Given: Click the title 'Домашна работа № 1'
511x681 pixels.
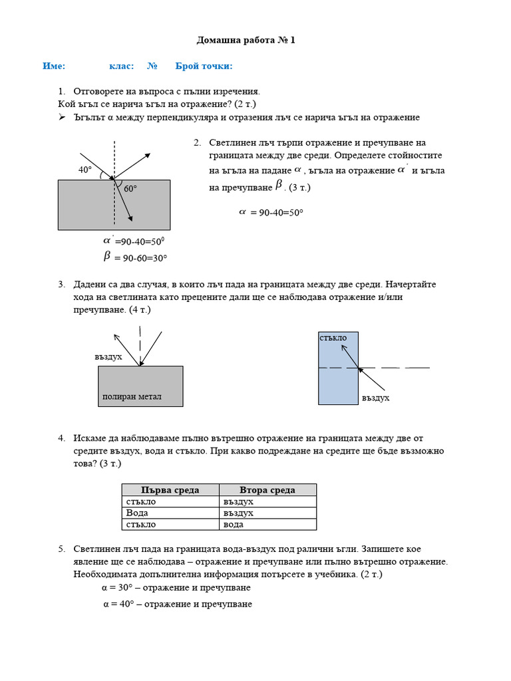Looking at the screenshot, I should pyautogui.click(x=246, y=41).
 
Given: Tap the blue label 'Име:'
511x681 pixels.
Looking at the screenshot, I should pyautogui.click(x=54, y=66).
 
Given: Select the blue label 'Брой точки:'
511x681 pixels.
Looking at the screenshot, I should pyautogui.click(x=204, y=66).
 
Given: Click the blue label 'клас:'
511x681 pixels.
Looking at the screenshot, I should pyautogui.click(x=121, y=66).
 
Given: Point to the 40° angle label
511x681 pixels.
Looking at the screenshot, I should pyautogui.click(x=85, y=170).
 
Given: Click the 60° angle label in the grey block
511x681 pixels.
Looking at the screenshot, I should pyautogui.click(x=130, y=189).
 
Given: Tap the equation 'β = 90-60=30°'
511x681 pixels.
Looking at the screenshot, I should pyautogui.click(x=135, y=257).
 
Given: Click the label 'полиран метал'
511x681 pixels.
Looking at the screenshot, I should pyautogui.click(x=132, y=397).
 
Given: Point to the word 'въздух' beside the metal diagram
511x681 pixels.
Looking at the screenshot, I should pyautogui.click(x=108, y=357).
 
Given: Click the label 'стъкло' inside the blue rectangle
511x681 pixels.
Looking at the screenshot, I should pyautogui.click(x=333, y=338).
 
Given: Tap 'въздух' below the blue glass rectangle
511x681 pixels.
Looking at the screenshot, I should pyautogui.click(x=375, y=398).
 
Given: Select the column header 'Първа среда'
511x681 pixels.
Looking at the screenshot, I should pyautogui.click(x=170, y=490).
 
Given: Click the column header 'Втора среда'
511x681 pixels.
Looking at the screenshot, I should pyautogui.click(x=267, y=490).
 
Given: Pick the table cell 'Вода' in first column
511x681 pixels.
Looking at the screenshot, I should pyautogui.click(x=137, y=513).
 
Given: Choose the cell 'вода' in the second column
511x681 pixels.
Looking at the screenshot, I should pyautogui.click(x=233, y=524).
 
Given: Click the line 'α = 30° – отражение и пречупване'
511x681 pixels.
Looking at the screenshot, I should pyautogui.click(x=176, y=588).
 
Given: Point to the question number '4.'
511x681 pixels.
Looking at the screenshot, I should pyautogui.click(x=61, y=438).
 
